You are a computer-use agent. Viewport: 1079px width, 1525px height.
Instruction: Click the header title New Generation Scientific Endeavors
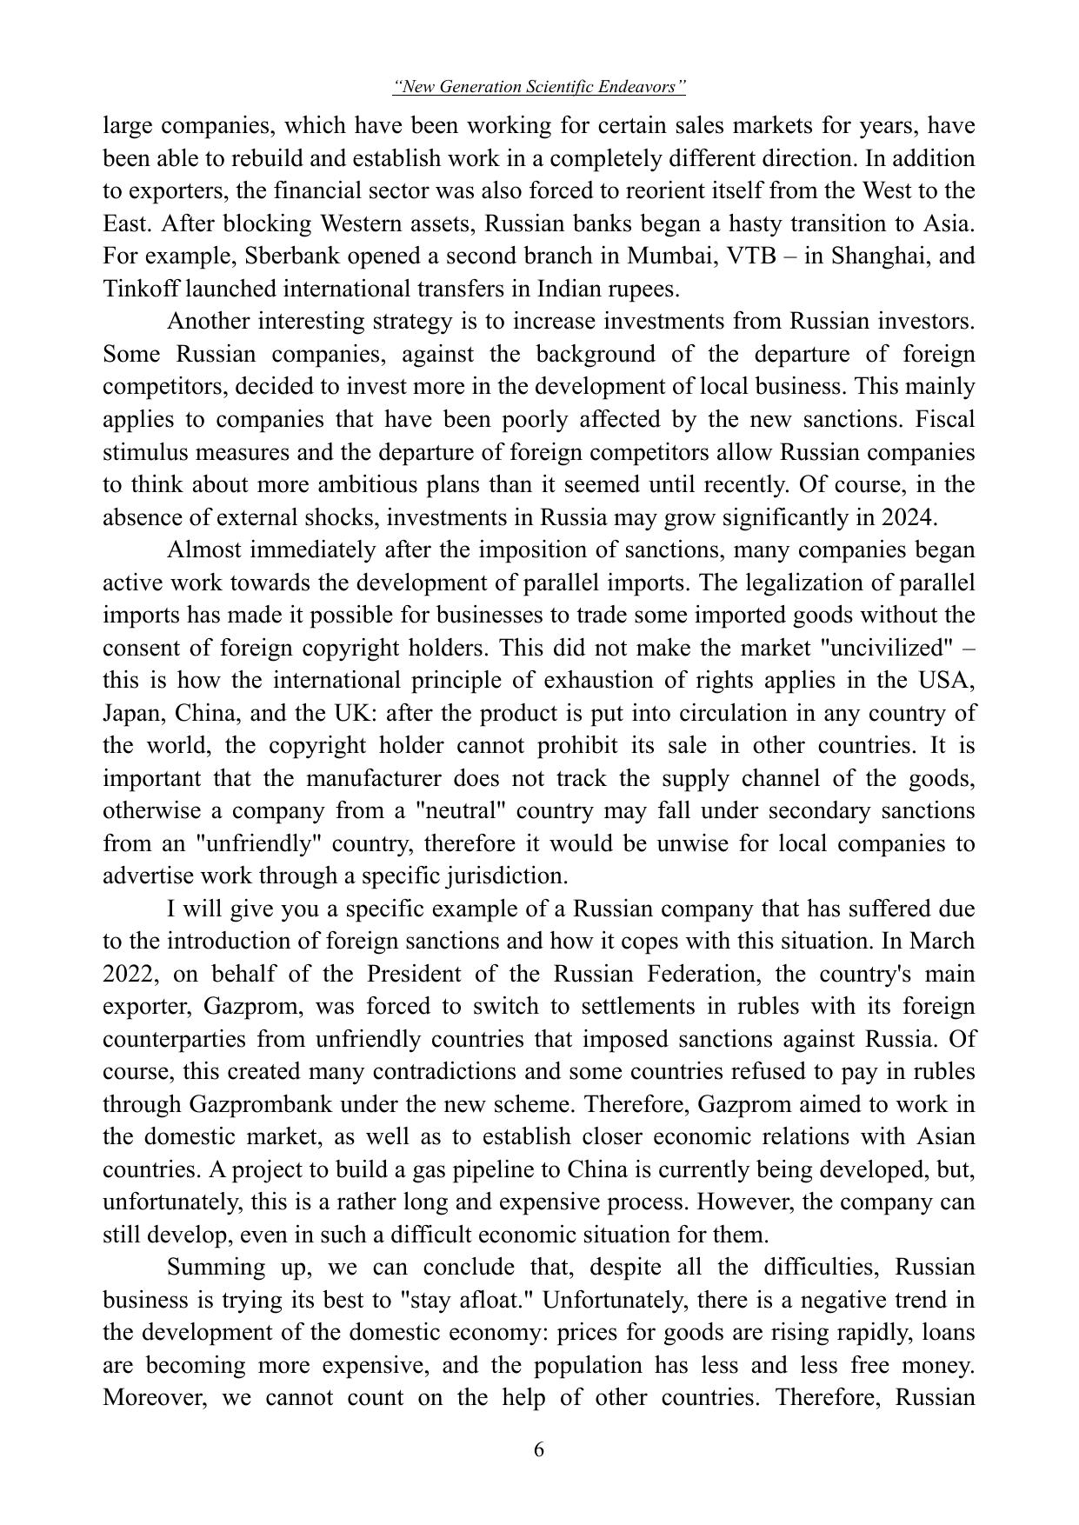539,87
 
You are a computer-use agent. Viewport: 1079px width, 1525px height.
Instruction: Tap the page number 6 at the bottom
539,1449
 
